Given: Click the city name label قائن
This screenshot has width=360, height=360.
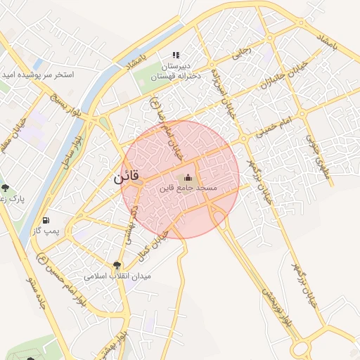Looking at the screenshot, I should click(127, 178).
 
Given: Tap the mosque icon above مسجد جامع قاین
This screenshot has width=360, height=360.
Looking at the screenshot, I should click(187, 177).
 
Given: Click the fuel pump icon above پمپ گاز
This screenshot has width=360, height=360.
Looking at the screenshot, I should click(46, 220).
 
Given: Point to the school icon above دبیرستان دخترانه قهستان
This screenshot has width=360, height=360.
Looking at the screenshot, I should click(176, 55).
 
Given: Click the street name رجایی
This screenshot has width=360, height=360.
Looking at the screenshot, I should click(241, 51).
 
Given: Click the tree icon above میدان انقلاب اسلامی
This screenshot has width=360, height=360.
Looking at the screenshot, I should click(117, 265).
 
